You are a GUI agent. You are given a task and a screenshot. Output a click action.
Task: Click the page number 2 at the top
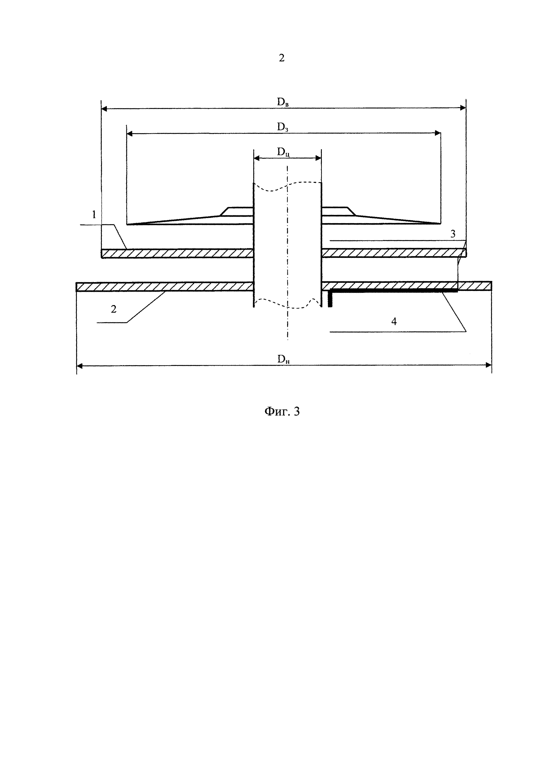(x=281, y=58)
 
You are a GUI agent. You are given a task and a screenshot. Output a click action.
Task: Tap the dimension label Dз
(x=282, y=127)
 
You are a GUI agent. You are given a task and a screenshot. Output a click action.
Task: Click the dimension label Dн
(x=283, y=359)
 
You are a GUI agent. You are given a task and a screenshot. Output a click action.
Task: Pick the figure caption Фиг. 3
(x=282, y=412)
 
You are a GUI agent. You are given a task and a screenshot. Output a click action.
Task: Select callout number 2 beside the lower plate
(x=114, y=309)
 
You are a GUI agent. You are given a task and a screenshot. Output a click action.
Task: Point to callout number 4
(x=394, y=321)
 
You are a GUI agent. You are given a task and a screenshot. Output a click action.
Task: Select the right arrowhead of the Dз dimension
(x=438, y=133)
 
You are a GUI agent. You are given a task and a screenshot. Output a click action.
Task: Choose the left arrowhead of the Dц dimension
(x=257, y=158)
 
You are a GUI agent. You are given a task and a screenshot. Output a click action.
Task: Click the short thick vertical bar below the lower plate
(x=330, y=299)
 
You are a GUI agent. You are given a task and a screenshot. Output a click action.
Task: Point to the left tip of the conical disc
(x=128, y=224)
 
